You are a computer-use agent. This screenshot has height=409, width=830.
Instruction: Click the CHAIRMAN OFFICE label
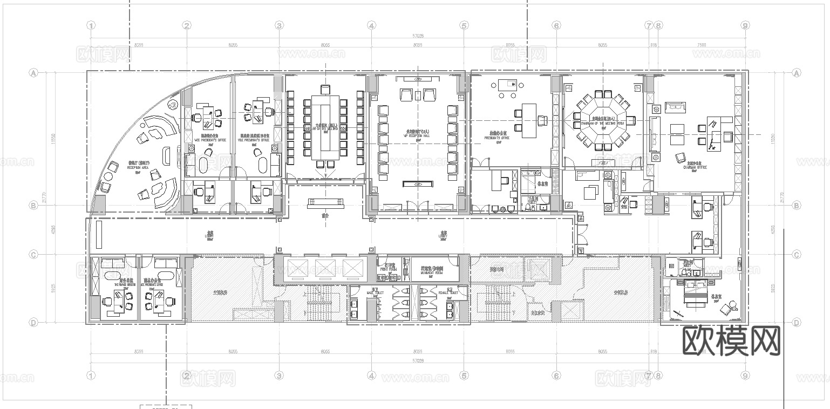[x=695, y=167]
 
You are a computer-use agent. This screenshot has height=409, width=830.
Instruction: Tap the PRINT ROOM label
[x=387, y=268]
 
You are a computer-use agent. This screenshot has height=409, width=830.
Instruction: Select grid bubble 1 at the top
[x=91, y=25]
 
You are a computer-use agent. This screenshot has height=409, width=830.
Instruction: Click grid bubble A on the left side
[x=33, y=72]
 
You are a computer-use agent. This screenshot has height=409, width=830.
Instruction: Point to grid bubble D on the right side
[x=797, y=323]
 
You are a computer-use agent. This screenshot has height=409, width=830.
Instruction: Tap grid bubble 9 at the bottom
[x=745, y=376]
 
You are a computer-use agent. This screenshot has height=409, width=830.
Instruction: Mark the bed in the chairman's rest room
[x=696, y=296]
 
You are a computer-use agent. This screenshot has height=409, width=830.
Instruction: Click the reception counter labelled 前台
[x=325, y=203]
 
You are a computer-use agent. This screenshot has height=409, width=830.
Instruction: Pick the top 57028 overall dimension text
[x=418, y=36]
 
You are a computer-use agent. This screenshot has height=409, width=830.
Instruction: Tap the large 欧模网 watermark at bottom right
[x=731, y=341]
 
